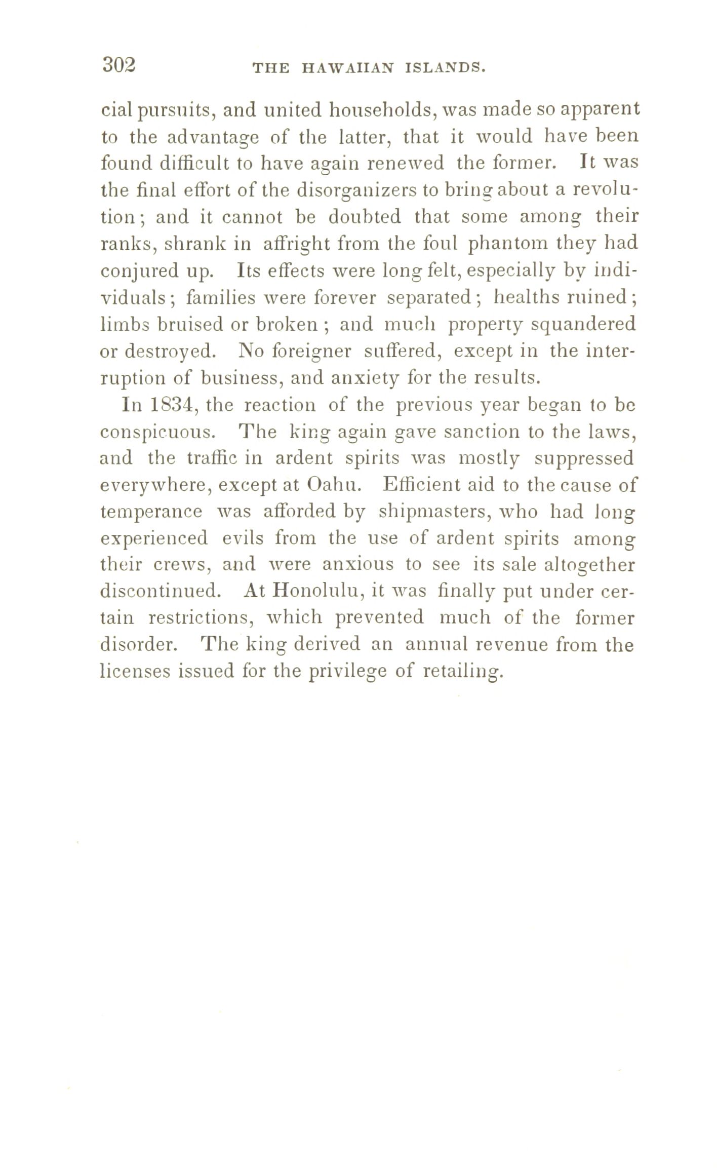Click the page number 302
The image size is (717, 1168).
(119, 65)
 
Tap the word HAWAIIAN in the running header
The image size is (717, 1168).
(347, 67)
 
